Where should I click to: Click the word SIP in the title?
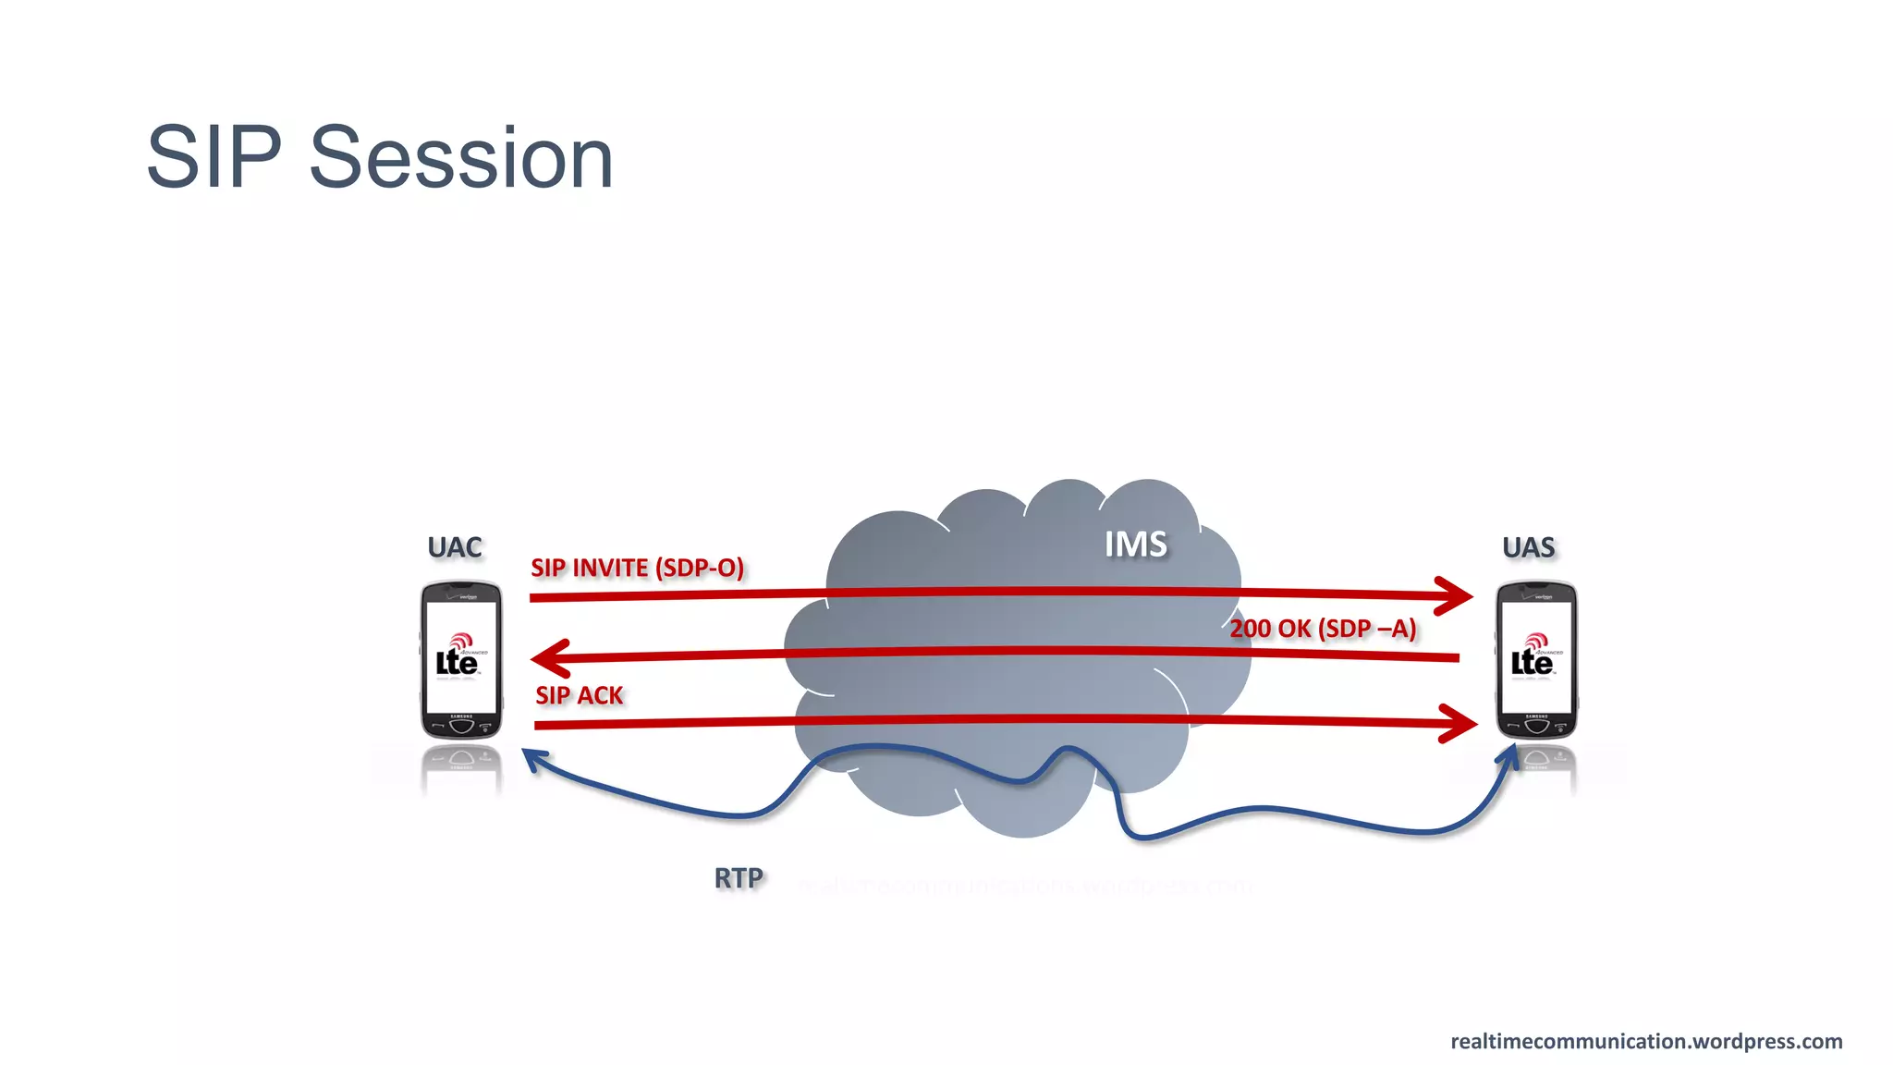214,158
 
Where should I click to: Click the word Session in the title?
460,158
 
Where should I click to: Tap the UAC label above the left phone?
455,547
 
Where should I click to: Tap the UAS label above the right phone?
1529,547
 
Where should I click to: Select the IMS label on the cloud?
1136,545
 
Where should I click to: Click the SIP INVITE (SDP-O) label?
637,568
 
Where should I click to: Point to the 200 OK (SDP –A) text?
1323,629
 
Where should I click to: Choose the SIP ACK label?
580,695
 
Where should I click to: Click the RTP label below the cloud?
739,878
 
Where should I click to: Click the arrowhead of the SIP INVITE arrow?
1456,594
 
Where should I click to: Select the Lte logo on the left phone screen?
458,657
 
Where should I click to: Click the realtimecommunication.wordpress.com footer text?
1646,1041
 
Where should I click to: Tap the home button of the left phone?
461,726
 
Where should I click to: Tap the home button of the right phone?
1537,726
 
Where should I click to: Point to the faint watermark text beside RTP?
1026,886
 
